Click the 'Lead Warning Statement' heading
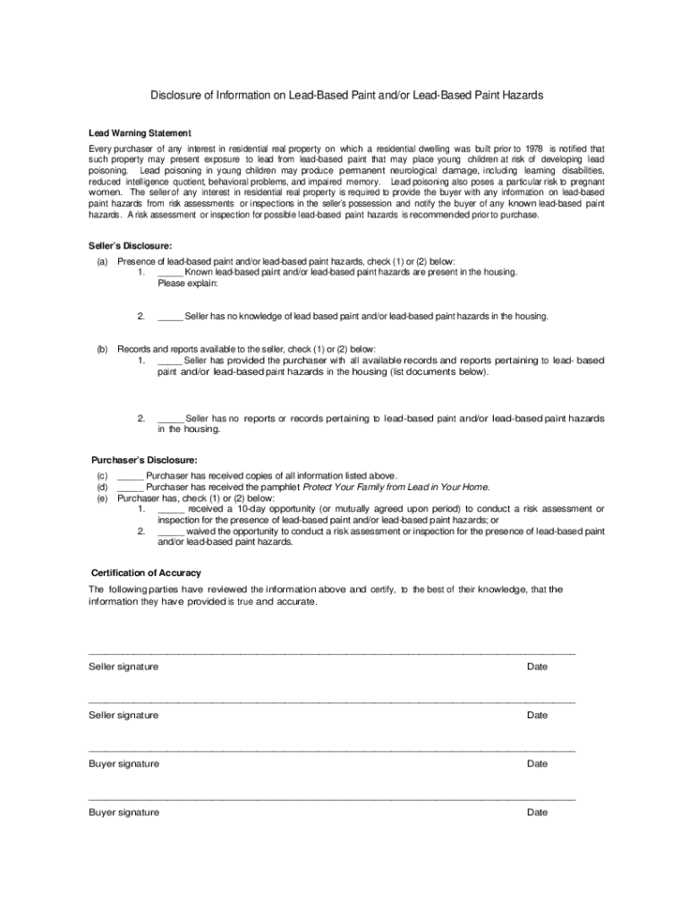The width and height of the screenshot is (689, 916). coord(139,133)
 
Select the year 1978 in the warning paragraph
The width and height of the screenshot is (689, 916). coord(534,148)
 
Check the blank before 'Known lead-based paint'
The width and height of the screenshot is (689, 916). coord(171,272)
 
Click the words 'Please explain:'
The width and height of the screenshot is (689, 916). coord(188,284)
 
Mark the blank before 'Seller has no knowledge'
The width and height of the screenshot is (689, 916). coord(171,316)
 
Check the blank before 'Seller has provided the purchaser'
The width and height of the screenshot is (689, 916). coord(171,360)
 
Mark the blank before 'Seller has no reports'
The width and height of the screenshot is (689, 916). coord(171,418)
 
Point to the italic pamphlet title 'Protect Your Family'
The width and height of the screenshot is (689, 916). coord(396,488)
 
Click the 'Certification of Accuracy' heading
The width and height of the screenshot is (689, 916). coord(146,572)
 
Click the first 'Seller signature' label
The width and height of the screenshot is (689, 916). coord(123,666)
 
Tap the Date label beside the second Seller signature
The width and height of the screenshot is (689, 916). coord(537,715)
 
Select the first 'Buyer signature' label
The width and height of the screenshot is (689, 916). coord(123,764)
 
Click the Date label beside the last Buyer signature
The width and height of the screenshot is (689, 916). coord(537,812)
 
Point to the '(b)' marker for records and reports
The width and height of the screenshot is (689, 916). coord(102,349)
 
